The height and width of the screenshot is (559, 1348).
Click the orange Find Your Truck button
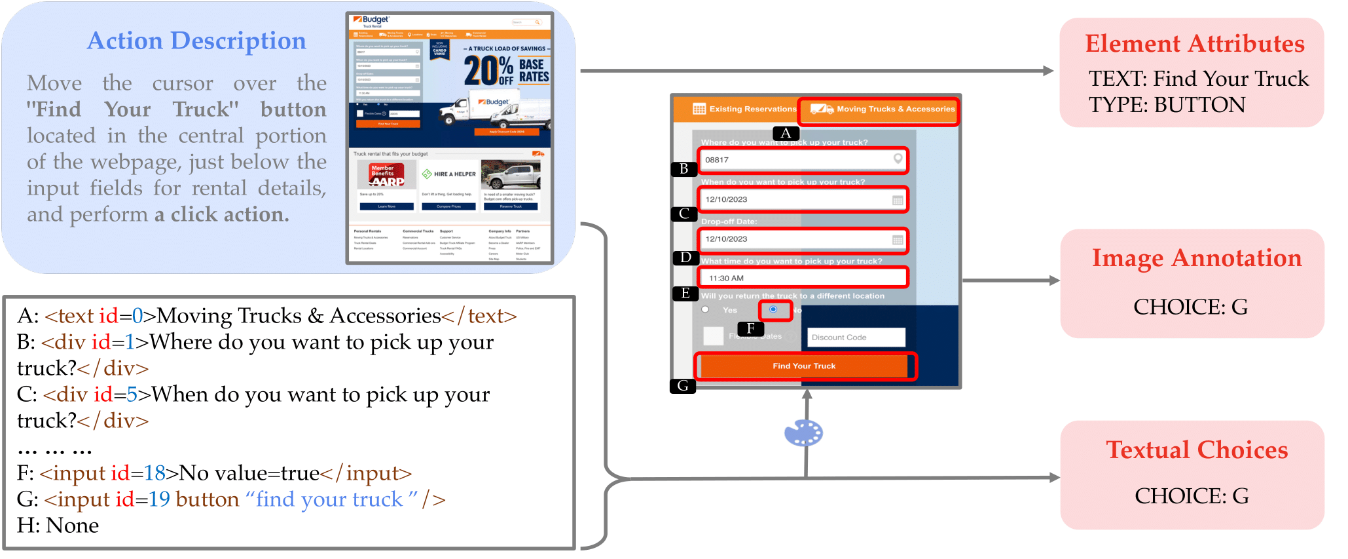(804, 366)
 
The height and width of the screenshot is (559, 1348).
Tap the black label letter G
(683, 386)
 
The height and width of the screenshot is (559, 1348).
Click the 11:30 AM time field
(803, 278)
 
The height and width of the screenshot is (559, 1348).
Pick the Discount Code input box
(856, 337)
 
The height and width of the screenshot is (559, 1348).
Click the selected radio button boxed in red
(774, 309)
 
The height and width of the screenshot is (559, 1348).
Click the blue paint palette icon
(803, 433)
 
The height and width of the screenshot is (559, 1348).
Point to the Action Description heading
(196, 41)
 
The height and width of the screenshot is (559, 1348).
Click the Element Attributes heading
(1194, 44)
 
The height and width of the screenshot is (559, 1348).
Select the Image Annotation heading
(1196, 258)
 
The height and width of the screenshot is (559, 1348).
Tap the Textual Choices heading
(1196, 450)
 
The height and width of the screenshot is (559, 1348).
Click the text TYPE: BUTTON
(1167, 105)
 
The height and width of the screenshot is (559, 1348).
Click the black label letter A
(786, 133)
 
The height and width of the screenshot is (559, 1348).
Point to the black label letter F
(750, 328)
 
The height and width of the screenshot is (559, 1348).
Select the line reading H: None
(58, 526)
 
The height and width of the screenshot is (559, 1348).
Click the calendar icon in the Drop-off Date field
(898, 240)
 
